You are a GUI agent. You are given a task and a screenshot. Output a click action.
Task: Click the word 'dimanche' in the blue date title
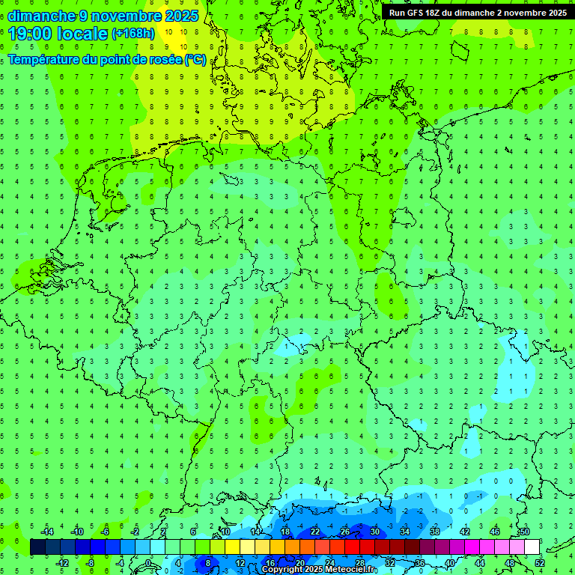(x=42, y=16)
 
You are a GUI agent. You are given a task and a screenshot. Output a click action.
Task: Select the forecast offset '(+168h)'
(x=133, y=34)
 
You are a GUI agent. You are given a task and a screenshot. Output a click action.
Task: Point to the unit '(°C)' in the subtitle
(x=196, y=59)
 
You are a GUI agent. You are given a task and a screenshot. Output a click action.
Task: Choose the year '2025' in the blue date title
(x=180, y=16)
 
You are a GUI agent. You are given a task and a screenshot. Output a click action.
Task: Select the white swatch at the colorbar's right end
(x=532, y=547)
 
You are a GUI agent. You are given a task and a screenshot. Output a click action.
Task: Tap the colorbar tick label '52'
(x=539, y=563)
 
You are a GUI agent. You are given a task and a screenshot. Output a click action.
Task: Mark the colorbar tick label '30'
(x=374, y=532)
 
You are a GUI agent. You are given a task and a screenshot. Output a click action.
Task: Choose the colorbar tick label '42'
(x=464, y=532)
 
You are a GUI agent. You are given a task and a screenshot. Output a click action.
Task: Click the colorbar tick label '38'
(x=434, y=532)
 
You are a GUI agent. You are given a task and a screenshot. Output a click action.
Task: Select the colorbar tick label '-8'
(x=91, y=563)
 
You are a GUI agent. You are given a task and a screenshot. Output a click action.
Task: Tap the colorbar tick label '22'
(x=314, y=532)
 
